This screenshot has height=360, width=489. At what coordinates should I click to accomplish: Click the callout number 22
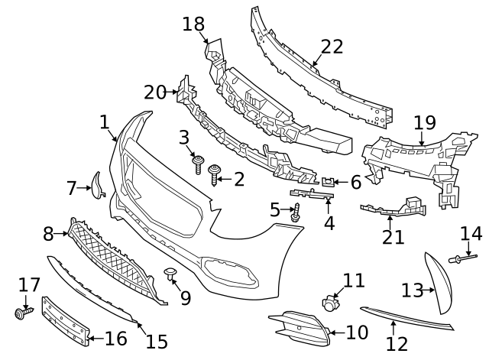332,47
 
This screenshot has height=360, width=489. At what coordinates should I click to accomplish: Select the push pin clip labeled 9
170,274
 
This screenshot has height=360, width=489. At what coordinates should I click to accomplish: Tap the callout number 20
154,92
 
